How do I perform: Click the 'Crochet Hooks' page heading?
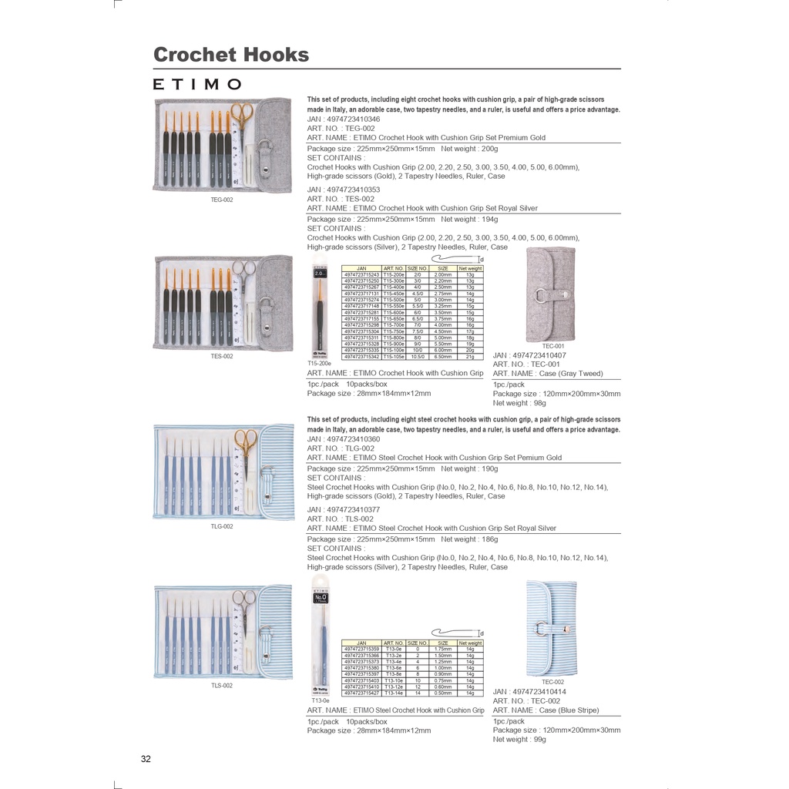(231, 55)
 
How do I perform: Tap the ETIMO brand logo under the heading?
(197, 84)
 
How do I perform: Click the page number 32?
(146, 759)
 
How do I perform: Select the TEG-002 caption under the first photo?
(221, 200)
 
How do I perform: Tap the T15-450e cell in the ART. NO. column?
(394, 294)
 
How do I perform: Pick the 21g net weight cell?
(470, 357)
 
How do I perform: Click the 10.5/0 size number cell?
(417, 357)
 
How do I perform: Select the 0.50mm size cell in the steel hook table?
(443, 693)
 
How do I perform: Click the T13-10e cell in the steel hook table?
(394, 680)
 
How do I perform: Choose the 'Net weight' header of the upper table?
(470, 268)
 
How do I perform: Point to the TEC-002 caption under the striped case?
(552, 682)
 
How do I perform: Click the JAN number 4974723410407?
(529, 355)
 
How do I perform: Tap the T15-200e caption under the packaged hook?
(318, 363)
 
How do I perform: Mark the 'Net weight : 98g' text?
(519, 403)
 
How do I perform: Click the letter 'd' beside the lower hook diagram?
(482, 633)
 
